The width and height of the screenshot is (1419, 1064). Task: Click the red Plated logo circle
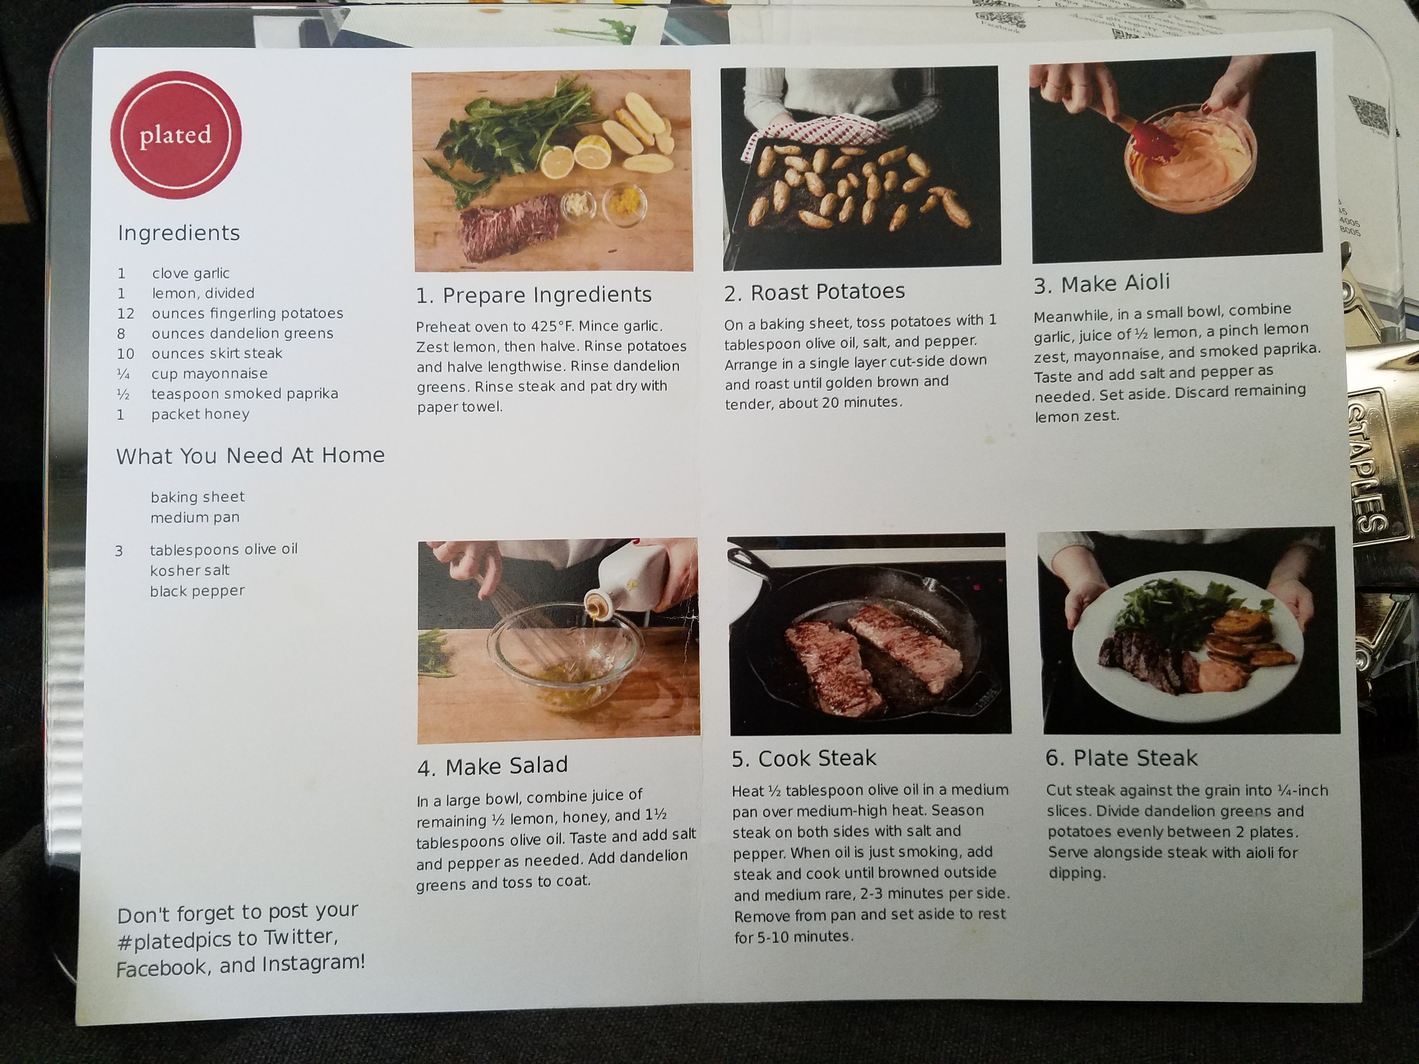(176, 135)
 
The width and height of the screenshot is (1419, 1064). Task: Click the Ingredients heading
(179, 233)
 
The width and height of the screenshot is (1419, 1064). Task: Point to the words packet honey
(200, 414)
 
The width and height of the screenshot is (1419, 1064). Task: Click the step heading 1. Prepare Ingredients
(534, 295)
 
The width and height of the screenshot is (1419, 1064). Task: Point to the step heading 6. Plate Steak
(1121, 758)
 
